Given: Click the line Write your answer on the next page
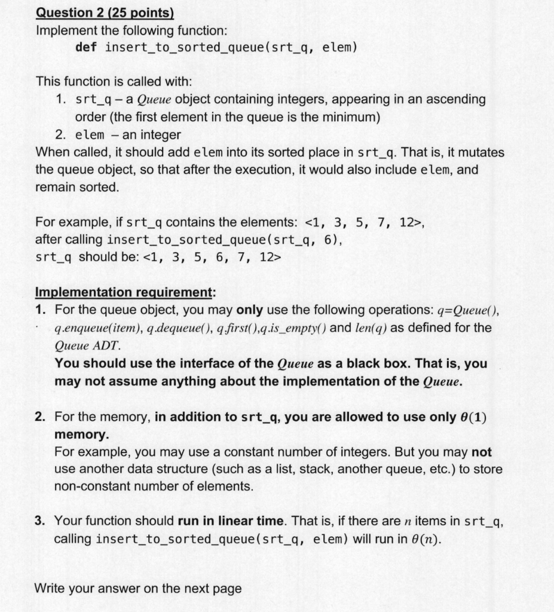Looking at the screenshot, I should pos(138,588).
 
